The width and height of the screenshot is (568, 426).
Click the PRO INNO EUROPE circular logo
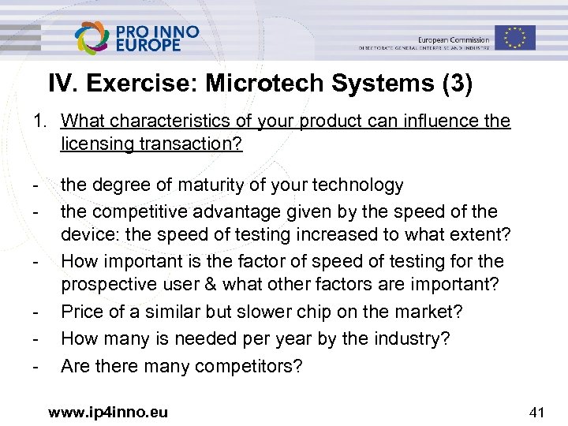[93, 37]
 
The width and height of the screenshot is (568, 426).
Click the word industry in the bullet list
[381, 339]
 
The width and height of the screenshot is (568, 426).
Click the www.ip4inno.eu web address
[107, 411]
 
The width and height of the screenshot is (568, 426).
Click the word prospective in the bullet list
[107, 286]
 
